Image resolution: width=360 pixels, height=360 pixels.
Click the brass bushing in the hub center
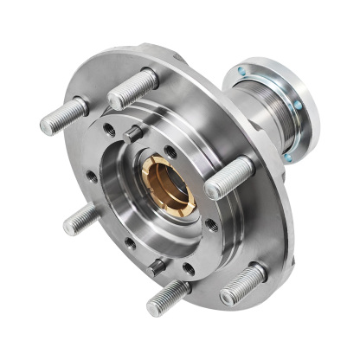tap(167, 184)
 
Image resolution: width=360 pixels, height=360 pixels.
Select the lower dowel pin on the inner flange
tap(158, 265)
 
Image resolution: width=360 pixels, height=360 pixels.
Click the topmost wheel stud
tap(134, 89)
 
